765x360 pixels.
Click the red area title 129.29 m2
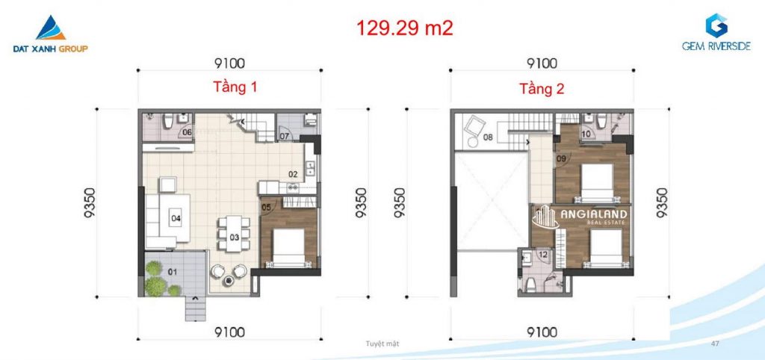(404, 28)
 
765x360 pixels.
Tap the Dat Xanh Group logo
(51, 34)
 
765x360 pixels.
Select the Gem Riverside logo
(716, 32)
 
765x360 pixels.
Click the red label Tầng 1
(235, 87)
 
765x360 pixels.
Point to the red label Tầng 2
(542, 90)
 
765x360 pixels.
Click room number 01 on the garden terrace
(173, 272)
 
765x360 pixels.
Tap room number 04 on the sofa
(176, 218)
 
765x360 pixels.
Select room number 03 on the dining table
(234, 238)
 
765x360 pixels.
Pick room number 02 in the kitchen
(293, 174)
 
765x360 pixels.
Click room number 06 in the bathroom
(187, 132)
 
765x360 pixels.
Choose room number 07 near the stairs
(285, 136)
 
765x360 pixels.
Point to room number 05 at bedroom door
(267, 208)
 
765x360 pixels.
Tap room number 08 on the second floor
(488, 137)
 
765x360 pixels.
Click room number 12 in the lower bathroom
(542, 253)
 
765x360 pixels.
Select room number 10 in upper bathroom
(586, 134)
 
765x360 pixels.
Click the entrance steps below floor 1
(195, 308)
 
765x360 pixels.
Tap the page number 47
(716, 344)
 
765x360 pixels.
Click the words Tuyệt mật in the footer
(382, 344)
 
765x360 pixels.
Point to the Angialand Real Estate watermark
(580, 217)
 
